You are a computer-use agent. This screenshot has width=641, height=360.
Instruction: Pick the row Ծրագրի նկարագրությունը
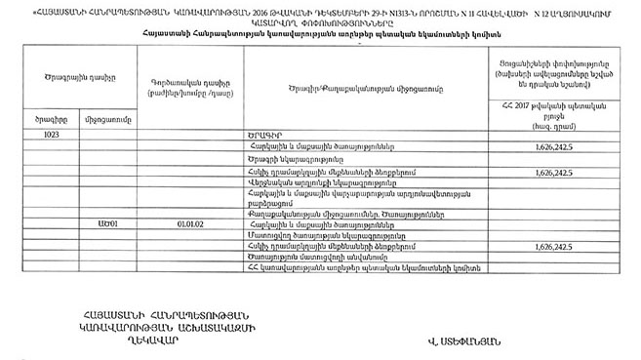tap(293, 159)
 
